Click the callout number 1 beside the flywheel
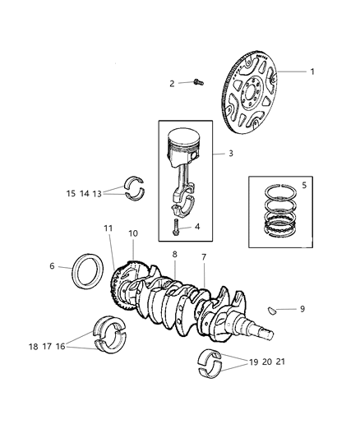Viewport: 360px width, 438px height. [312, 71]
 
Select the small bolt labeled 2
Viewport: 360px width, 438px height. [198, 81]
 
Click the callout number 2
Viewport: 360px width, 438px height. [173, 83]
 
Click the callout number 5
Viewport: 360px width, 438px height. [303, 185]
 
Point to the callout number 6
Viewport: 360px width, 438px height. [52, 266]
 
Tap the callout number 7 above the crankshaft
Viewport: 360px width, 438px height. [205, 258]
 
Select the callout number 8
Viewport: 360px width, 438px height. [174, 255]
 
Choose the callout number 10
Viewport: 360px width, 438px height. [133, 234]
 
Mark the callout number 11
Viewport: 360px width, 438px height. [108, 228]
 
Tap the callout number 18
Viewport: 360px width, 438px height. [32, 348]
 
